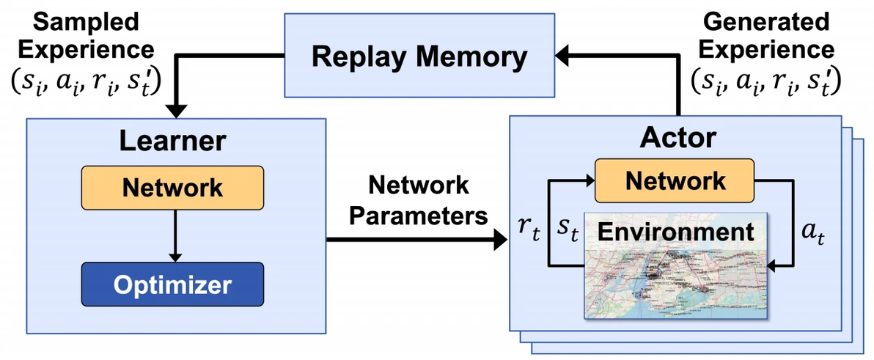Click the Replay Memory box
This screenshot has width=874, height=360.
(x=419, y=56)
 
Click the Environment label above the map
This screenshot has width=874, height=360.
(x=675, y=232)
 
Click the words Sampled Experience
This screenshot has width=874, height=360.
(x=87, y=35)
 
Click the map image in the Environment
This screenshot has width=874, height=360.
(x=675, y=282)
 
